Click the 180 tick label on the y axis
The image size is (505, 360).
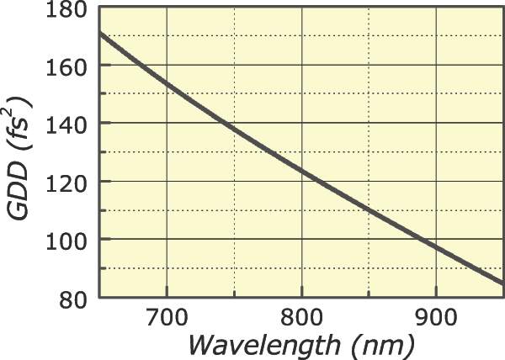click(x=71, y=10)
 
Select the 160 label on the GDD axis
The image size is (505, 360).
click(x=71, y=65)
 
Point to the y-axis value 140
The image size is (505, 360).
click(x=71, y=123)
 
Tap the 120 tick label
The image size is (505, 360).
click(x=71, y=182)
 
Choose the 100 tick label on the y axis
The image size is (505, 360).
click(x=71, y=240)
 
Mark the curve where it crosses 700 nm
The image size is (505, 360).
click(x=167, y=83)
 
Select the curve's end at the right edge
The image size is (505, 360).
click(x=502, y=283)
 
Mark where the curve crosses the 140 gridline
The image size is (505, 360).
click(x=215, y=123)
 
